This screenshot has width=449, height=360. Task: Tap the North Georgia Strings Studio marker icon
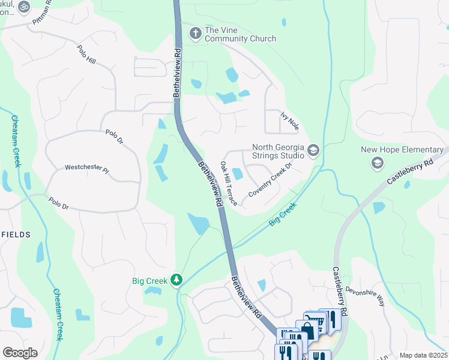313,150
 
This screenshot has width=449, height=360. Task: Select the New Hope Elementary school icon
377,163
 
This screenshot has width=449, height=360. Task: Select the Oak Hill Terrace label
229,184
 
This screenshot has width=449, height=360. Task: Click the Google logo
20,353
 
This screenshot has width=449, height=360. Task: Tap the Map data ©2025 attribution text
423,355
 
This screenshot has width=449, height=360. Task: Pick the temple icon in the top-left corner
24,7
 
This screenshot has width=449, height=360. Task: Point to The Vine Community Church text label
240,34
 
